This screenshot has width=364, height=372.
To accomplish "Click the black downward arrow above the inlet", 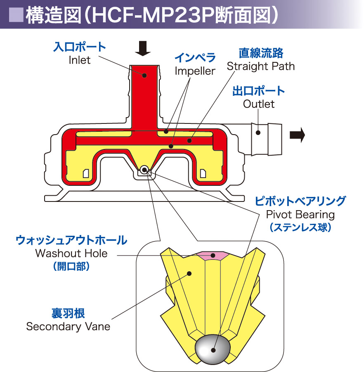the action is tap(143, 48).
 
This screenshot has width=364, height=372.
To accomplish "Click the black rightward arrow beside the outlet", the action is tap(297, 135).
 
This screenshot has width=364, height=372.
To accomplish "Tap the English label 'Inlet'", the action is tap(79, 60).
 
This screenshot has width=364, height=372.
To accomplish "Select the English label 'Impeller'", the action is tap(195, 71).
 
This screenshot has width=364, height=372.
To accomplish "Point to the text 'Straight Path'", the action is tap(260, 66).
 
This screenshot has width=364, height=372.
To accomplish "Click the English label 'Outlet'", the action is tap(259, 104).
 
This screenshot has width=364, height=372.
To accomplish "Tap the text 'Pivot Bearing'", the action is tap(300, 215).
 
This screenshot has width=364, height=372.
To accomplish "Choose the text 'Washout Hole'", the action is tap(71, 254).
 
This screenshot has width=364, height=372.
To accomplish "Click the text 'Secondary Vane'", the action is tap(68, 327).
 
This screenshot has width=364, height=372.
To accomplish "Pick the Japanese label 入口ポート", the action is tap(79, 47).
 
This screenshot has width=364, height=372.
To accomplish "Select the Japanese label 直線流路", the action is tap(261, 53).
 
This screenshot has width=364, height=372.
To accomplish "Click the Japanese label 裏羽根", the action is tap(68, 313).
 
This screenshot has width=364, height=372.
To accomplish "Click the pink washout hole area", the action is tap(213, 255).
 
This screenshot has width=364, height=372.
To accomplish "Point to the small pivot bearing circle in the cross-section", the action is tap(144, 170).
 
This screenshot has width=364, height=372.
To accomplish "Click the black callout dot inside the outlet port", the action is tap(258, 133).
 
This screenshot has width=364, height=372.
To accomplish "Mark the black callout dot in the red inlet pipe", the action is tap(144, 76).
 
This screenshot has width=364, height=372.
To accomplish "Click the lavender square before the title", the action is tap(16, 15).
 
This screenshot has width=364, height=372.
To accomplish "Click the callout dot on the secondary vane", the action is tap(189, 274).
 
